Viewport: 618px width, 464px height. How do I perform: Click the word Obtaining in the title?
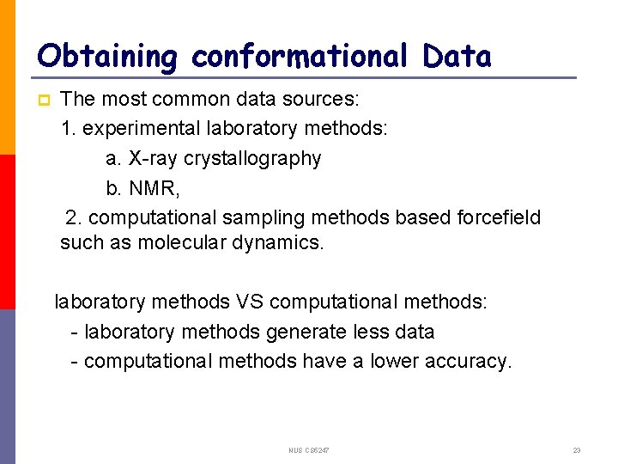point(107,57)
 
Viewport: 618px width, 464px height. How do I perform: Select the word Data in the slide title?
point(457,57)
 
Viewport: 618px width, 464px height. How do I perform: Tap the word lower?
point(397,361)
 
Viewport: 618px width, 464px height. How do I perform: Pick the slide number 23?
point(577,450)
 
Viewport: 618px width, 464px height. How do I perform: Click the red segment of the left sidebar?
point(8,232)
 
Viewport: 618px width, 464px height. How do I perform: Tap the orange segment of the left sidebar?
point(8,77)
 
